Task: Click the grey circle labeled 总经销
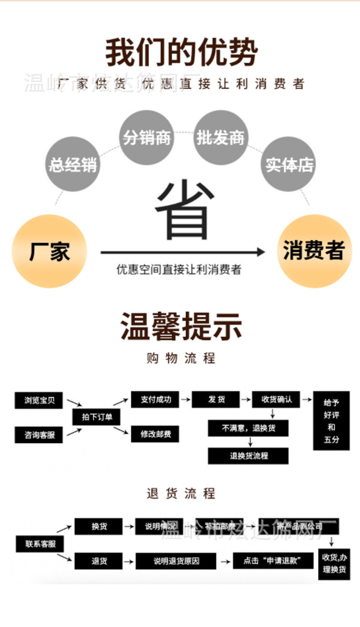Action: click(73, 164)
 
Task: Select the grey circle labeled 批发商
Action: click(221, 137)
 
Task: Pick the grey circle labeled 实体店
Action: click(289, 164)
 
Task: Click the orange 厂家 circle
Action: click(49, 251)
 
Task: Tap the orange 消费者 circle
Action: click(314, 251)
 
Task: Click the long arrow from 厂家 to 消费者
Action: click(182, 252)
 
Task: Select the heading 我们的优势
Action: click(181, 53)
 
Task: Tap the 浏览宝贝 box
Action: click(39, 400)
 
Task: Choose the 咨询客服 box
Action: click(39, 435)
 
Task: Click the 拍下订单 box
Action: click(97, 417)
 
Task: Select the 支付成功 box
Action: click(155, 400)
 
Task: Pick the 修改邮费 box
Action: click(155, 434)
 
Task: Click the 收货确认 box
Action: click(276, 400)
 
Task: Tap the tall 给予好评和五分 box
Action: click(331, 421)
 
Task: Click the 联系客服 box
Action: click(40, 544)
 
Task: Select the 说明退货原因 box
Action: click(176, 561)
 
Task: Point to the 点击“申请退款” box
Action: click(273, 561)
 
